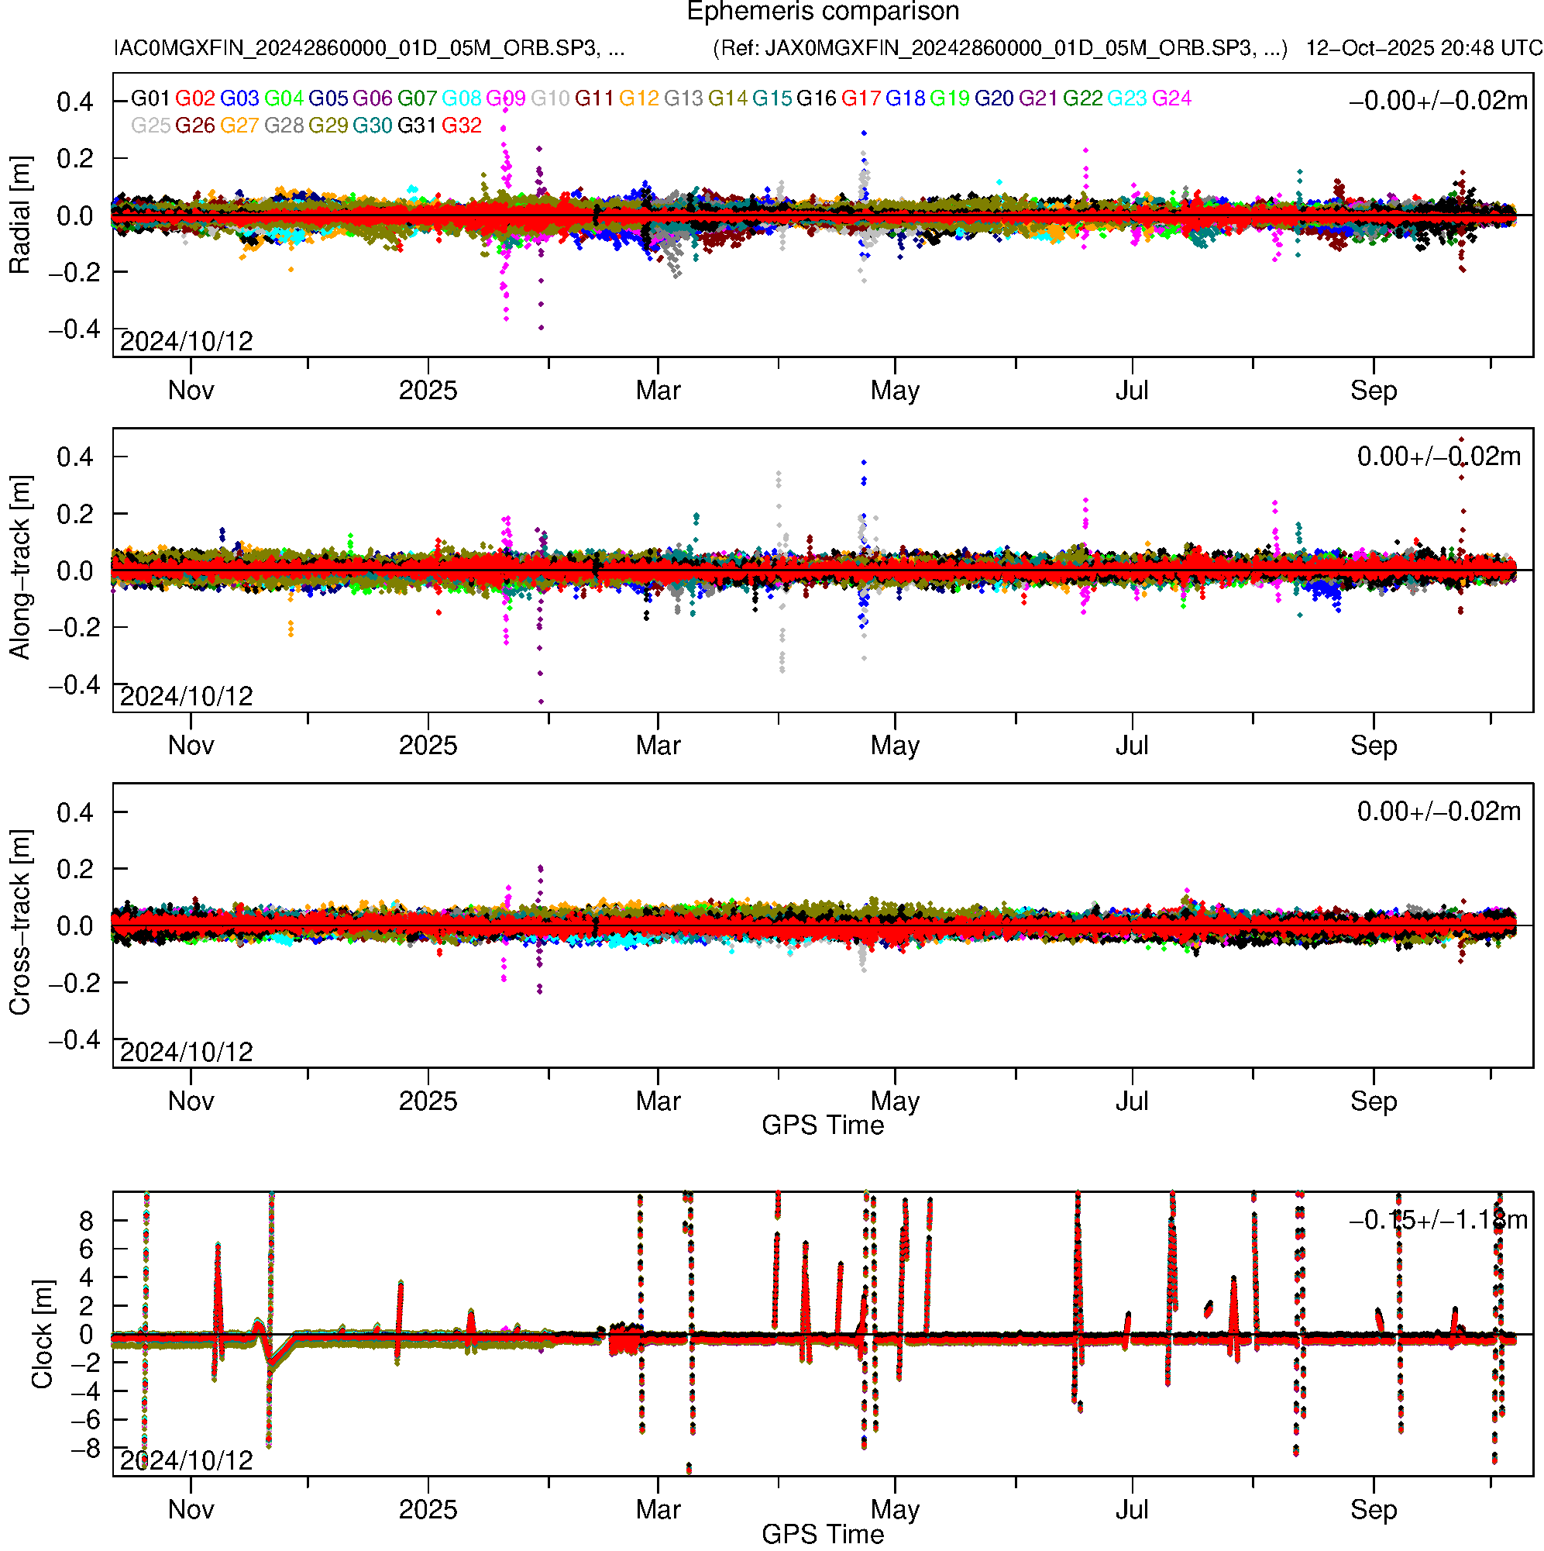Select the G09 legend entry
coord(506,98)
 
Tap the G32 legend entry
coord(462,126)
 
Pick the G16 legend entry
coord(816,98)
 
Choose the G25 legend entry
coord(150,126)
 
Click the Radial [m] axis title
coord(19,215)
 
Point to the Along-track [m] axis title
coord(19,568)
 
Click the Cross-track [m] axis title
coord(19,923)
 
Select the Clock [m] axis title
coord(42,1334)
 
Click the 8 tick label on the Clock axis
coord(86,1221)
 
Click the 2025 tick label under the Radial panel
coord(428,391)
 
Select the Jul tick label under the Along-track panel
coord(1132,746)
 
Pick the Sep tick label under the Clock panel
coord(1373,1510)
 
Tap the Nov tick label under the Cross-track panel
coord(191,1101)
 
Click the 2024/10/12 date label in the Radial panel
coord(186,342)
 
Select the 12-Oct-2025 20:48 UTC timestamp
coord(1424,48)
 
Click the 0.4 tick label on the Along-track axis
coord(74,457)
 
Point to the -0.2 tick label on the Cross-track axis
coord(74,983)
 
